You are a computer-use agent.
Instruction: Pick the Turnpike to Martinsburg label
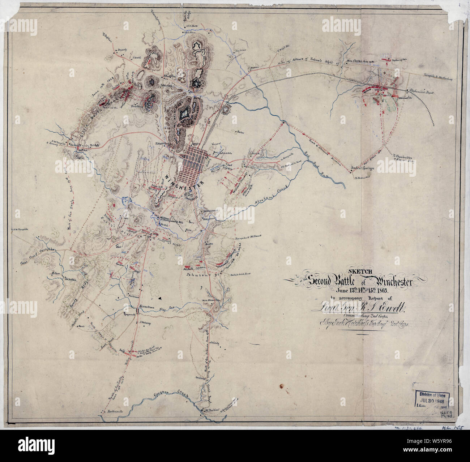tap(439, 77)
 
